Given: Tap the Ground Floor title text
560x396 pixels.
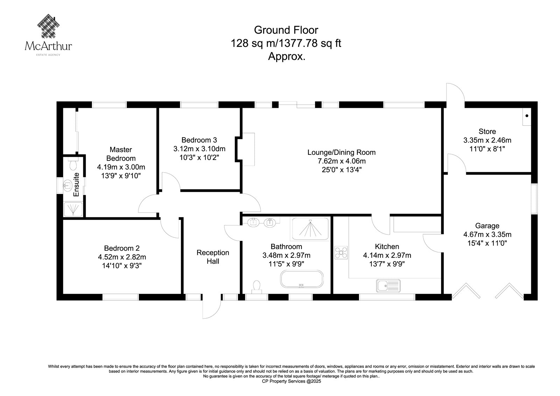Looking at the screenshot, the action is pos(286,30).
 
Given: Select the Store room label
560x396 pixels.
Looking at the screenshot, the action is pos(487,131).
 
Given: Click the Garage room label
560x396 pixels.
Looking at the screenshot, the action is pos(487,225).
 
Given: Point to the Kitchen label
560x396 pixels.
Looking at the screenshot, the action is pos(387,246).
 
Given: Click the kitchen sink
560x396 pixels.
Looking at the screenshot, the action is pos(388,286).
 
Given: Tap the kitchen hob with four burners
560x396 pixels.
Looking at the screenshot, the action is pos(341,252).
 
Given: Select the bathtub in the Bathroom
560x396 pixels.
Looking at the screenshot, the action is pos(302,279).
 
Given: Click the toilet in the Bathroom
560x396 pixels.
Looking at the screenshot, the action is pos(257,287).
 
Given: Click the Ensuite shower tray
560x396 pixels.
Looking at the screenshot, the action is pos(73,209).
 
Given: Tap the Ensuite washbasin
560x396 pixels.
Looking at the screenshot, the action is pos(68,185).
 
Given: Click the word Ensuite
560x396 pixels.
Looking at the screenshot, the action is pos(76,185).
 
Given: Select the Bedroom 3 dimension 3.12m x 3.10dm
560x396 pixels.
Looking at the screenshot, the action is pos(199,149).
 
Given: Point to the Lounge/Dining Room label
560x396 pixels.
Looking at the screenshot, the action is pos(341,152).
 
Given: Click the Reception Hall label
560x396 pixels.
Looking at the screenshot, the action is pos(213,257).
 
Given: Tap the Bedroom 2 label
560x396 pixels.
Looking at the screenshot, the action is pos(122,248).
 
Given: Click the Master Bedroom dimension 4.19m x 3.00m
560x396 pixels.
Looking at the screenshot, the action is pos(121,167).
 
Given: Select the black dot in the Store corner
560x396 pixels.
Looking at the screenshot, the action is pos(527,116).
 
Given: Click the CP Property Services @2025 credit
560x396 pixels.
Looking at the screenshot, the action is pos(291,381).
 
